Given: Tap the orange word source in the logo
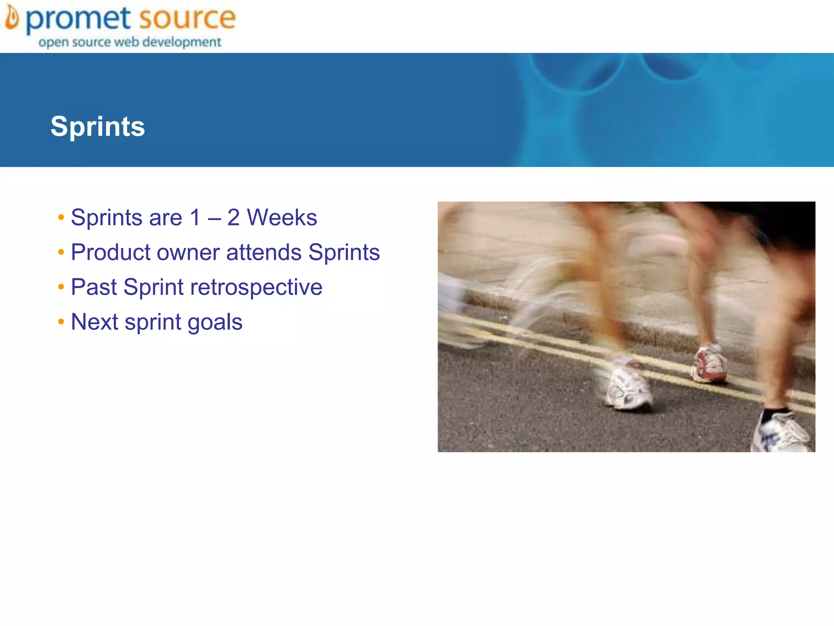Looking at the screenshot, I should coord(187,18).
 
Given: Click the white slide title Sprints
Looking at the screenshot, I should coord(98,126).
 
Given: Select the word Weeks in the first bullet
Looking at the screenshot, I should coord(282,217).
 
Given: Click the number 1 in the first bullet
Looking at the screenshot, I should coord(195,217).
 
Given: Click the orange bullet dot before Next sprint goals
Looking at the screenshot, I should coord(61,322).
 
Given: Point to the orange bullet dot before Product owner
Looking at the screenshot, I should coord(61,252).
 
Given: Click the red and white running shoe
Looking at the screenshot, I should coord(710,364).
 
